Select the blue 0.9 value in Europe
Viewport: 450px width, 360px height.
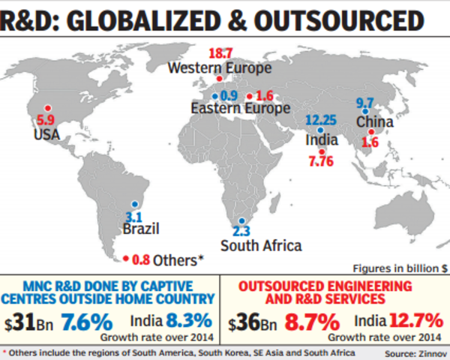[x=229, y=95]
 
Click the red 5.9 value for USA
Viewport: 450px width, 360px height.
[x=46, y=118]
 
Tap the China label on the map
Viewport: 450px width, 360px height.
[x=371, y=121]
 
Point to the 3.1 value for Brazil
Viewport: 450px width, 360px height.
[x=133, y=217]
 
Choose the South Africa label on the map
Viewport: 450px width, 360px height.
[x=261, y=245]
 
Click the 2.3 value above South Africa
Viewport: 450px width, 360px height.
[x=241, y=231]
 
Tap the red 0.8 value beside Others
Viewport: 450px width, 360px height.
[x=140, y=261]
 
